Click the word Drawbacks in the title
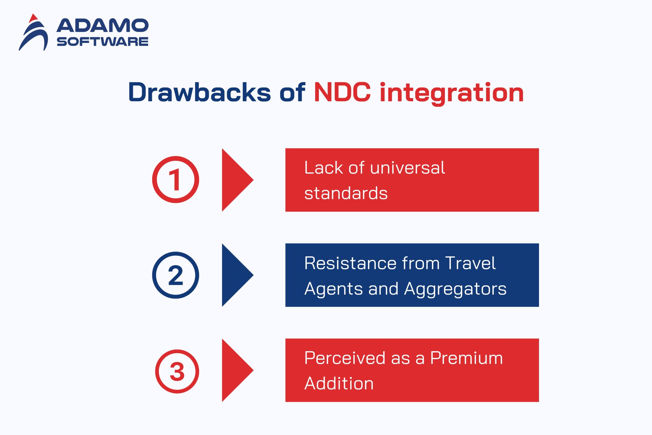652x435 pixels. click(x=199, y=92)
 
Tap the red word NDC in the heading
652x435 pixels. click(x=342, y=92)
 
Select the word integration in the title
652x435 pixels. click(x=452, y=93)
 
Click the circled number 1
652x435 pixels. click(x=175, y=180)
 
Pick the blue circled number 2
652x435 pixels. click(x=175, y=275)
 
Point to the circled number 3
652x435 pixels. click(x=177, y=371)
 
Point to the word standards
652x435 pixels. click(x=346, y=193)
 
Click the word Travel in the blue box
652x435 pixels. click(x=470, y=263)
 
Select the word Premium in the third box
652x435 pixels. click(x=466, y=358)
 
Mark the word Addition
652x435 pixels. click(x=339, y=383)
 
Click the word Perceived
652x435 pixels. click(x=345, y=358)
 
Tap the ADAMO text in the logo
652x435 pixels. click(x=103, y=25)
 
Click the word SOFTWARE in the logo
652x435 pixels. click(x=103, y=42)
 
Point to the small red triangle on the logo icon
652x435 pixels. click(x=33, y=18)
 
